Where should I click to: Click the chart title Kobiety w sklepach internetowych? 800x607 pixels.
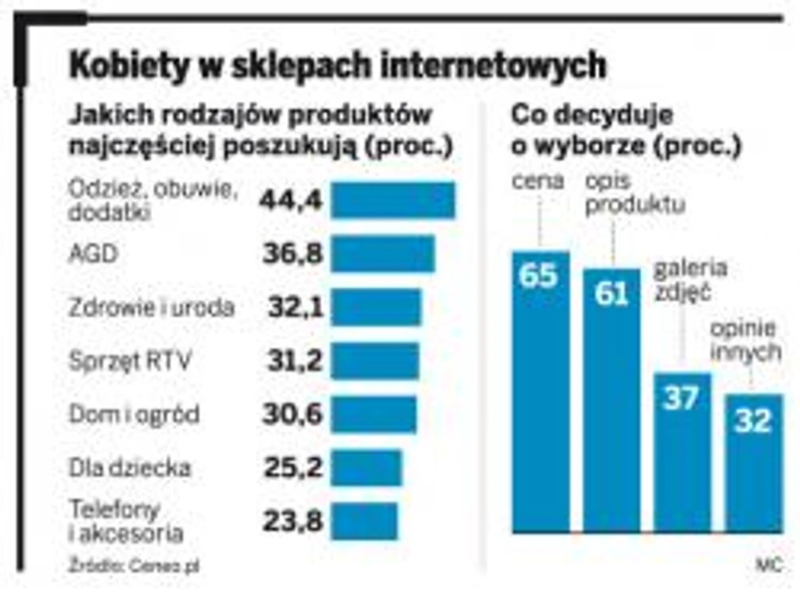point(337,67)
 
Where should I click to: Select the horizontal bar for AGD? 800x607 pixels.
point(383,254)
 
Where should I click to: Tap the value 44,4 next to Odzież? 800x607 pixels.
point(291,202)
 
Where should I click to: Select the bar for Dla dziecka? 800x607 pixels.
point(367,467)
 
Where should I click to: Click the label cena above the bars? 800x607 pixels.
point(539,182)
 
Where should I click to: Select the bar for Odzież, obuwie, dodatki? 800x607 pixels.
point(393,201)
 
